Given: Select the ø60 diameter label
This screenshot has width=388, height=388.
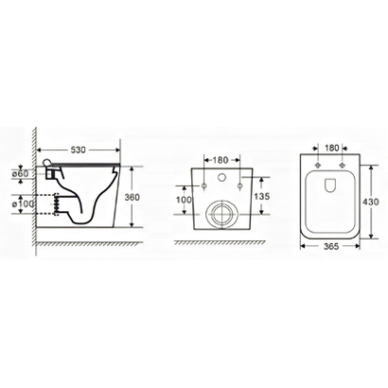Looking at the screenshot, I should pyautogui.click(x=23, y=173).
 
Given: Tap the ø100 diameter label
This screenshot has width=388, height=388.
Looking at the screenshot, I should pyautogui.click(x=23, y=203).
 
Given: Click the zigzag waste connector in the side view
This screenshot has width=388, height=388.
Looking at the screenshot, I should pyautogui.click(x=58, y=202).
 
